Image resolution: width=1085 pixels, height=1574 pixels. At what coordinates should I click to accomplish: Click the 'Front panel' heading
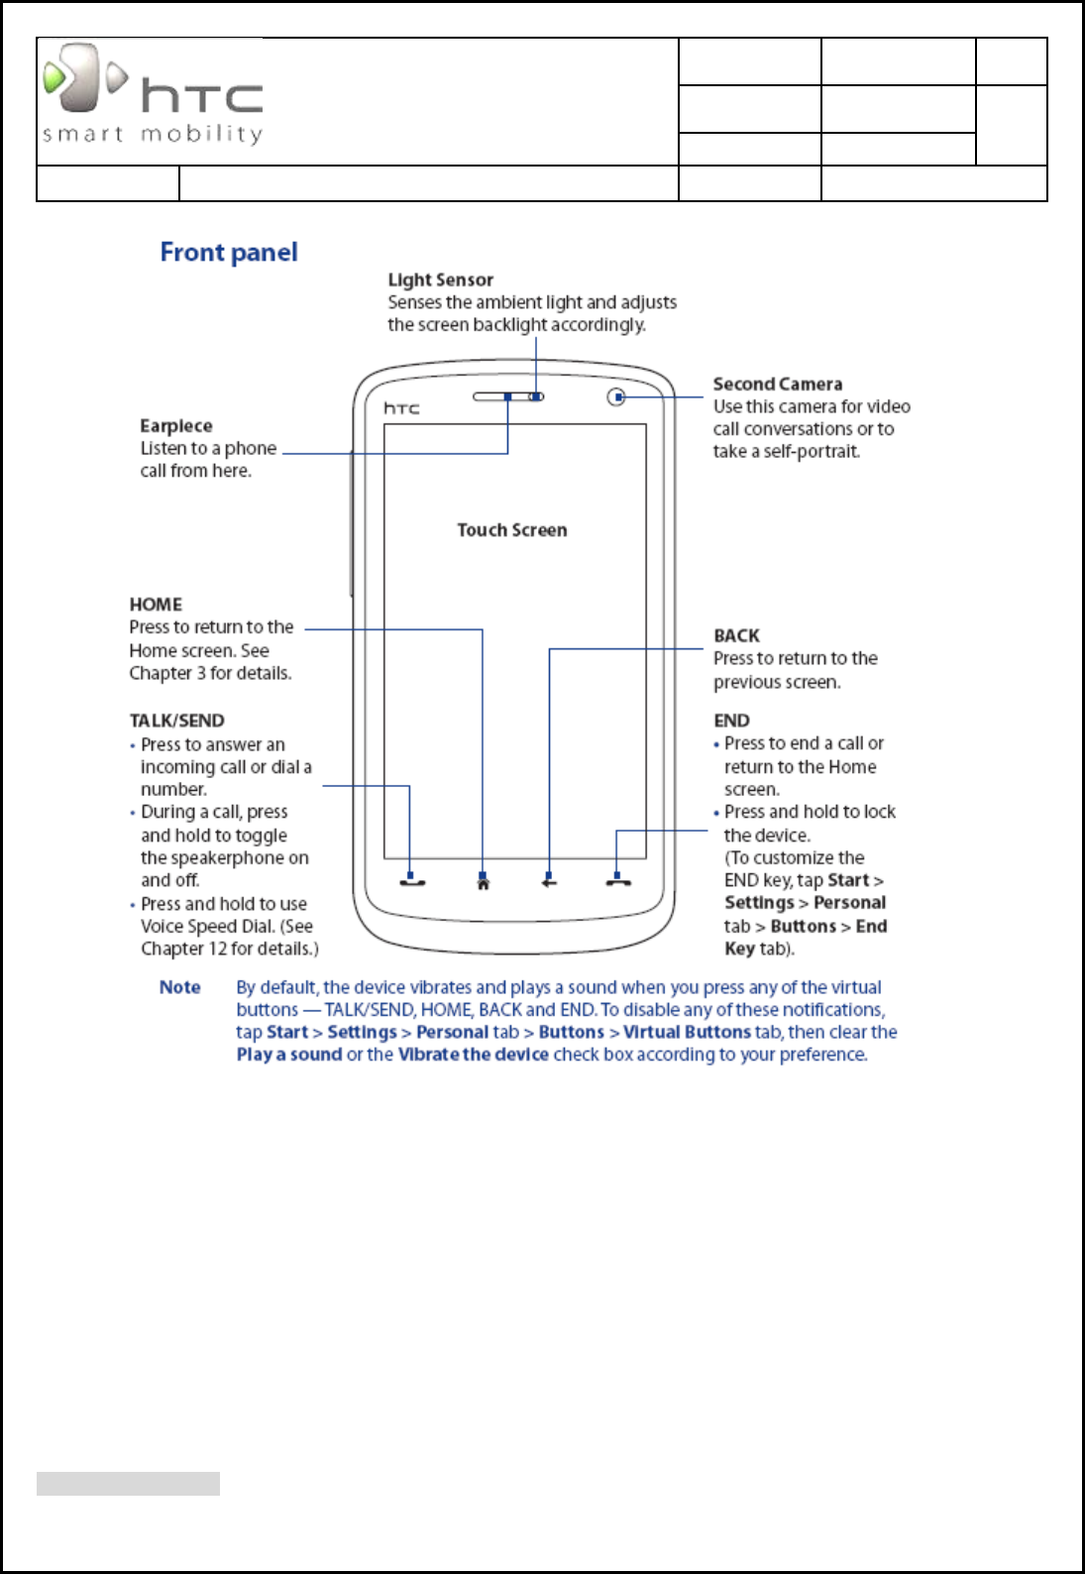[x=229, y=253]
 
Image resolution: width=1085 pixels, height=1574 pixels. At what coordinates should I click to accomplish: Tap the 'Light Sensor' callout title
[x=440, y=281]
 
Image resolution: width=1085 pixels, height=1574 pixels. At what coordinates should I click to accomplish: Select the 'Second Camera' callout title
[x=778, y=385]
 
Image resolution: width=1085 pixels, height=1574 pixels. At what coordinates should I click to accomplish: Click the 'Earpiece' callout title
[x=176, y=426]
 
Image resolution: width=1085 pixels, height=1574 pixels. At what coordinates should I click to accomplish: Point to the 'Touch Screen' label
[x=511, y=530]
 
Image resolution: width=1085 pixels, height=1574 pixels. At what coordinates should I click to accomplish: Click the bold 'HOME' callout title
[x=156, y=605]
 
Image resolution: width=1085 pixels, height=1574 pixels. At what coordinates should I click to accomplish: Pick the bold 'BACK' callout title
[x=736, y=636]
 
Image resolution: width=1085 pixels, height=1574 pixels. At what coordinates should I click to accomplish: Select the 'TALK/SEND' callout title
[x=176, y=721]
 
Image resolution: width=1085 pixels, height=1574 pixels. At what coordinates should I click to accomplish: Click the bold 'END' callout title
[x=731, y=721]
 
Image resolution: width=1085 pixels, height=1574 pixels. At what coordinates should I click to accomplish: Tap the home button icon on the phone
[x=484, y=882]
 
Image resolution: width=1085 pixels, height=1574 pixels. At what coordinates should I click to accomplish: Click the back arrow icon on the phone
[x=549, y=882]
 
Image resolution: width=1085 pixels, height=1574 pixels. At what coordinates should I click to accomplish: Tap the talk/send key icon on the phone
[x=412, y=881]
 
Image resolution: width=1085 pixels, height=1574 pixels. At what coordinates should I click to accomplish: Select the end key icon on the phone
[x=618, y=881]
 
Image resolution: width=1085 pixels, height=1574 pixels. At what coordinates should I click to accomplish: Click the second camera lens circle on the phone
[x=616, y=397]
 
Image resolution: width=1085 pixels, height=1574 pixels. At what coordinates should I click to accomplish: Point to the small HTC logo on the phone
[x=401, y=408]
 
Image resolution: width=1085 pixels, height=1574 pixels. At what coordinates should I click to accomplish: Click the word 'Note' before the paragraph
[x=180, y=987]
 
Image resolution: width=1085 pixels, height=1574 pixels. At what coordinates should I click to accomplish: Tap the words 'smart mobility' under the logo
[x=153, y=134]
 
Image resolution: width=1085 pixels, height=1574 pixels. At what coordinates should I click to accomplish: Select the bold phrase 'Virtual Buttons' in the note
[x=687, y=1032]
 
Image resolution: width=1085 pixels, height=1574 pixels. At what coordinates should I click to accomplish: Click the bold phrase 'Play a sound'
[x=288, y=1055]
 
